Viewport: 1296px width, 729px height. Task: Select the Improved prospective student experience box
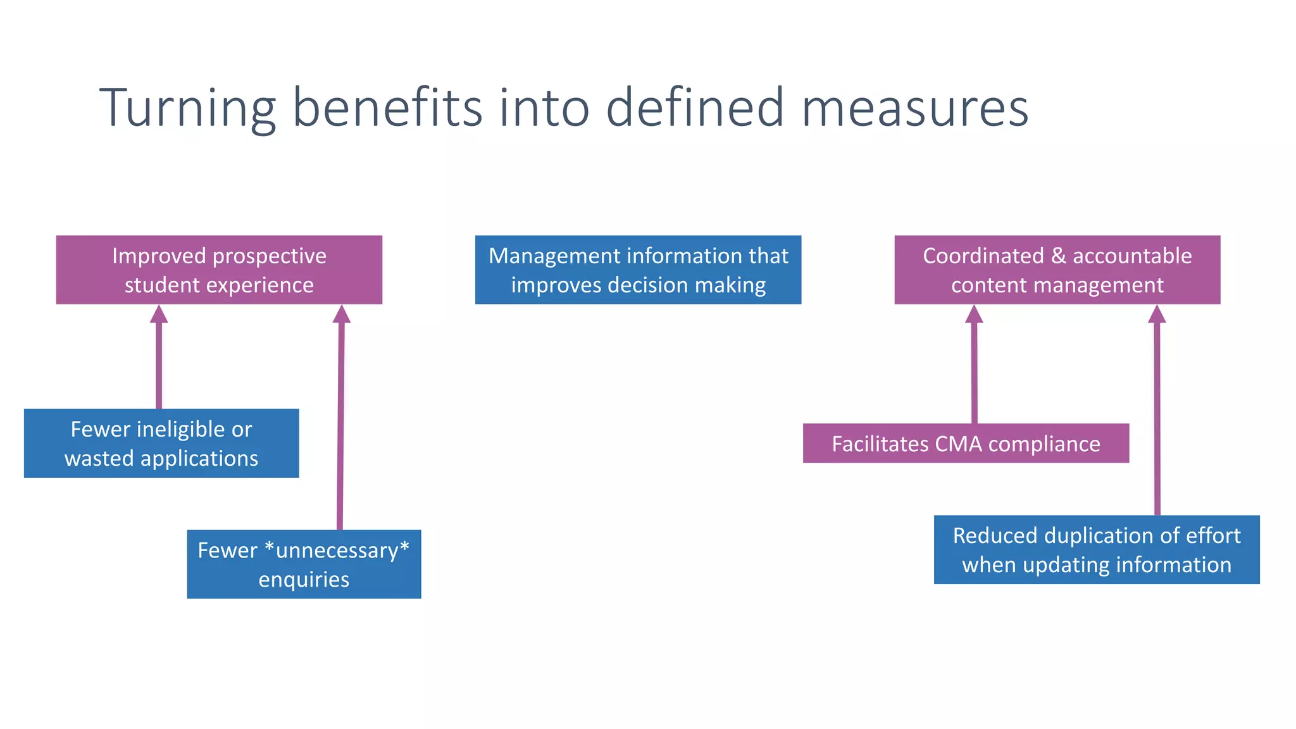click(x=219, y=270)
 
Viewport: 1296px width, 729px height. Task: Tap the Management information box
click(x=638, y=270)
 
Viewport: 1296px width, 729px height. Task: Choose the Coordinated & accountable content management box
click(x=1057, y=270)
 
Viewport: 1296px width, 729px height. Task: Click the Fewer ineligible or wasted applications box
click(x=161, y=443)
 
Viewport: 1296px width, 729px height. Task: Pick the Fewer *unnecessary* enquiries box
click(x=304, y=564)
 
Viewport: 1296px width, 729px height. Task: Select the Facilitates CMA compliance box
click(x=966, y=444)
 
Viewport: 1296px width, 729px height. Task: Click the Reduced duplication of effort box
click(x=1097, y=550)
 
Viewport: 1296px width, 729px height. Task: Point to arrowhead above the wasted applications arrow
click(x=159, y=315)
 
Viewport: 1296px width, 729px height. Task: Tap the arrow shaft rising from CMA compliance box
click(x=974, y=373)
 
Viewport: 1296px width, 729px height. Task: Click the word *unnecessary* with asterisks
click(x=337, y=551)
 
